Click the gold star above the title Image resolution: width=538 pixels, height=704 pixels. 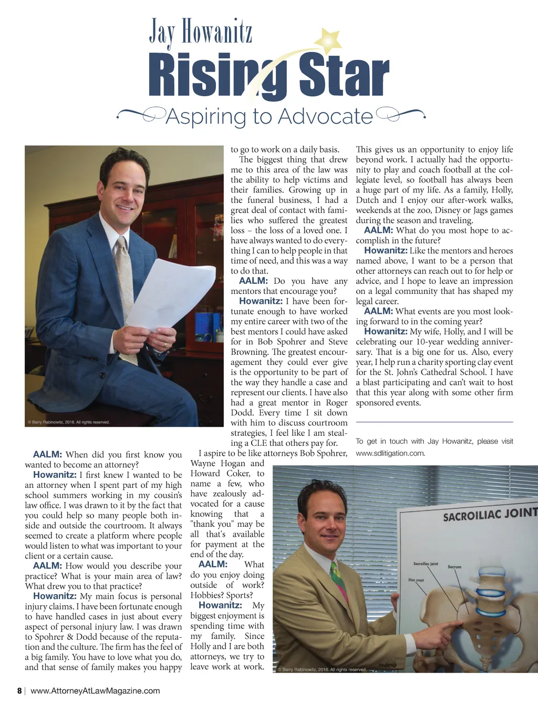point(329,39)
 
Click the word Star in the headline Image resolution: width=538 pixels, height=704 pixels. point(344,77)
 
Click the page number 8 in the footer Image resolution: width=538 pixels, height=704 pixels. point(19,691)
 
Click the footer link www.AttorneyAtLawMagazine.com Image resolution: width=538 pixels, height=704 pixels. point(95,691)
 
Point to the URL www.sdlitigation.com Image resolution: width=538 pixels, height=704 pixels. point(390,453)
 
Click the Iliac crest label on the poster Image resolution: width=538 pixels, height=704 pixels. point(416,580)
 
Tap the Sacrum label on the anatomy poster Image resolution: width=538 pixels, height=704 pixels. point(454,567)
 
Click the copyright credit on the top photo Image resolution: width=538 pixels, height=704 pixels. point(68,422)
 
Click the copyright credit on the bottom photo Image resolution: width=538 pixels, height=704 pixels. point(322,669)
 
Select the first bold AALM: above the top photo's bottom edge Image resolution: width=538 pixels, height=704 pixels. point(253,281)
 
